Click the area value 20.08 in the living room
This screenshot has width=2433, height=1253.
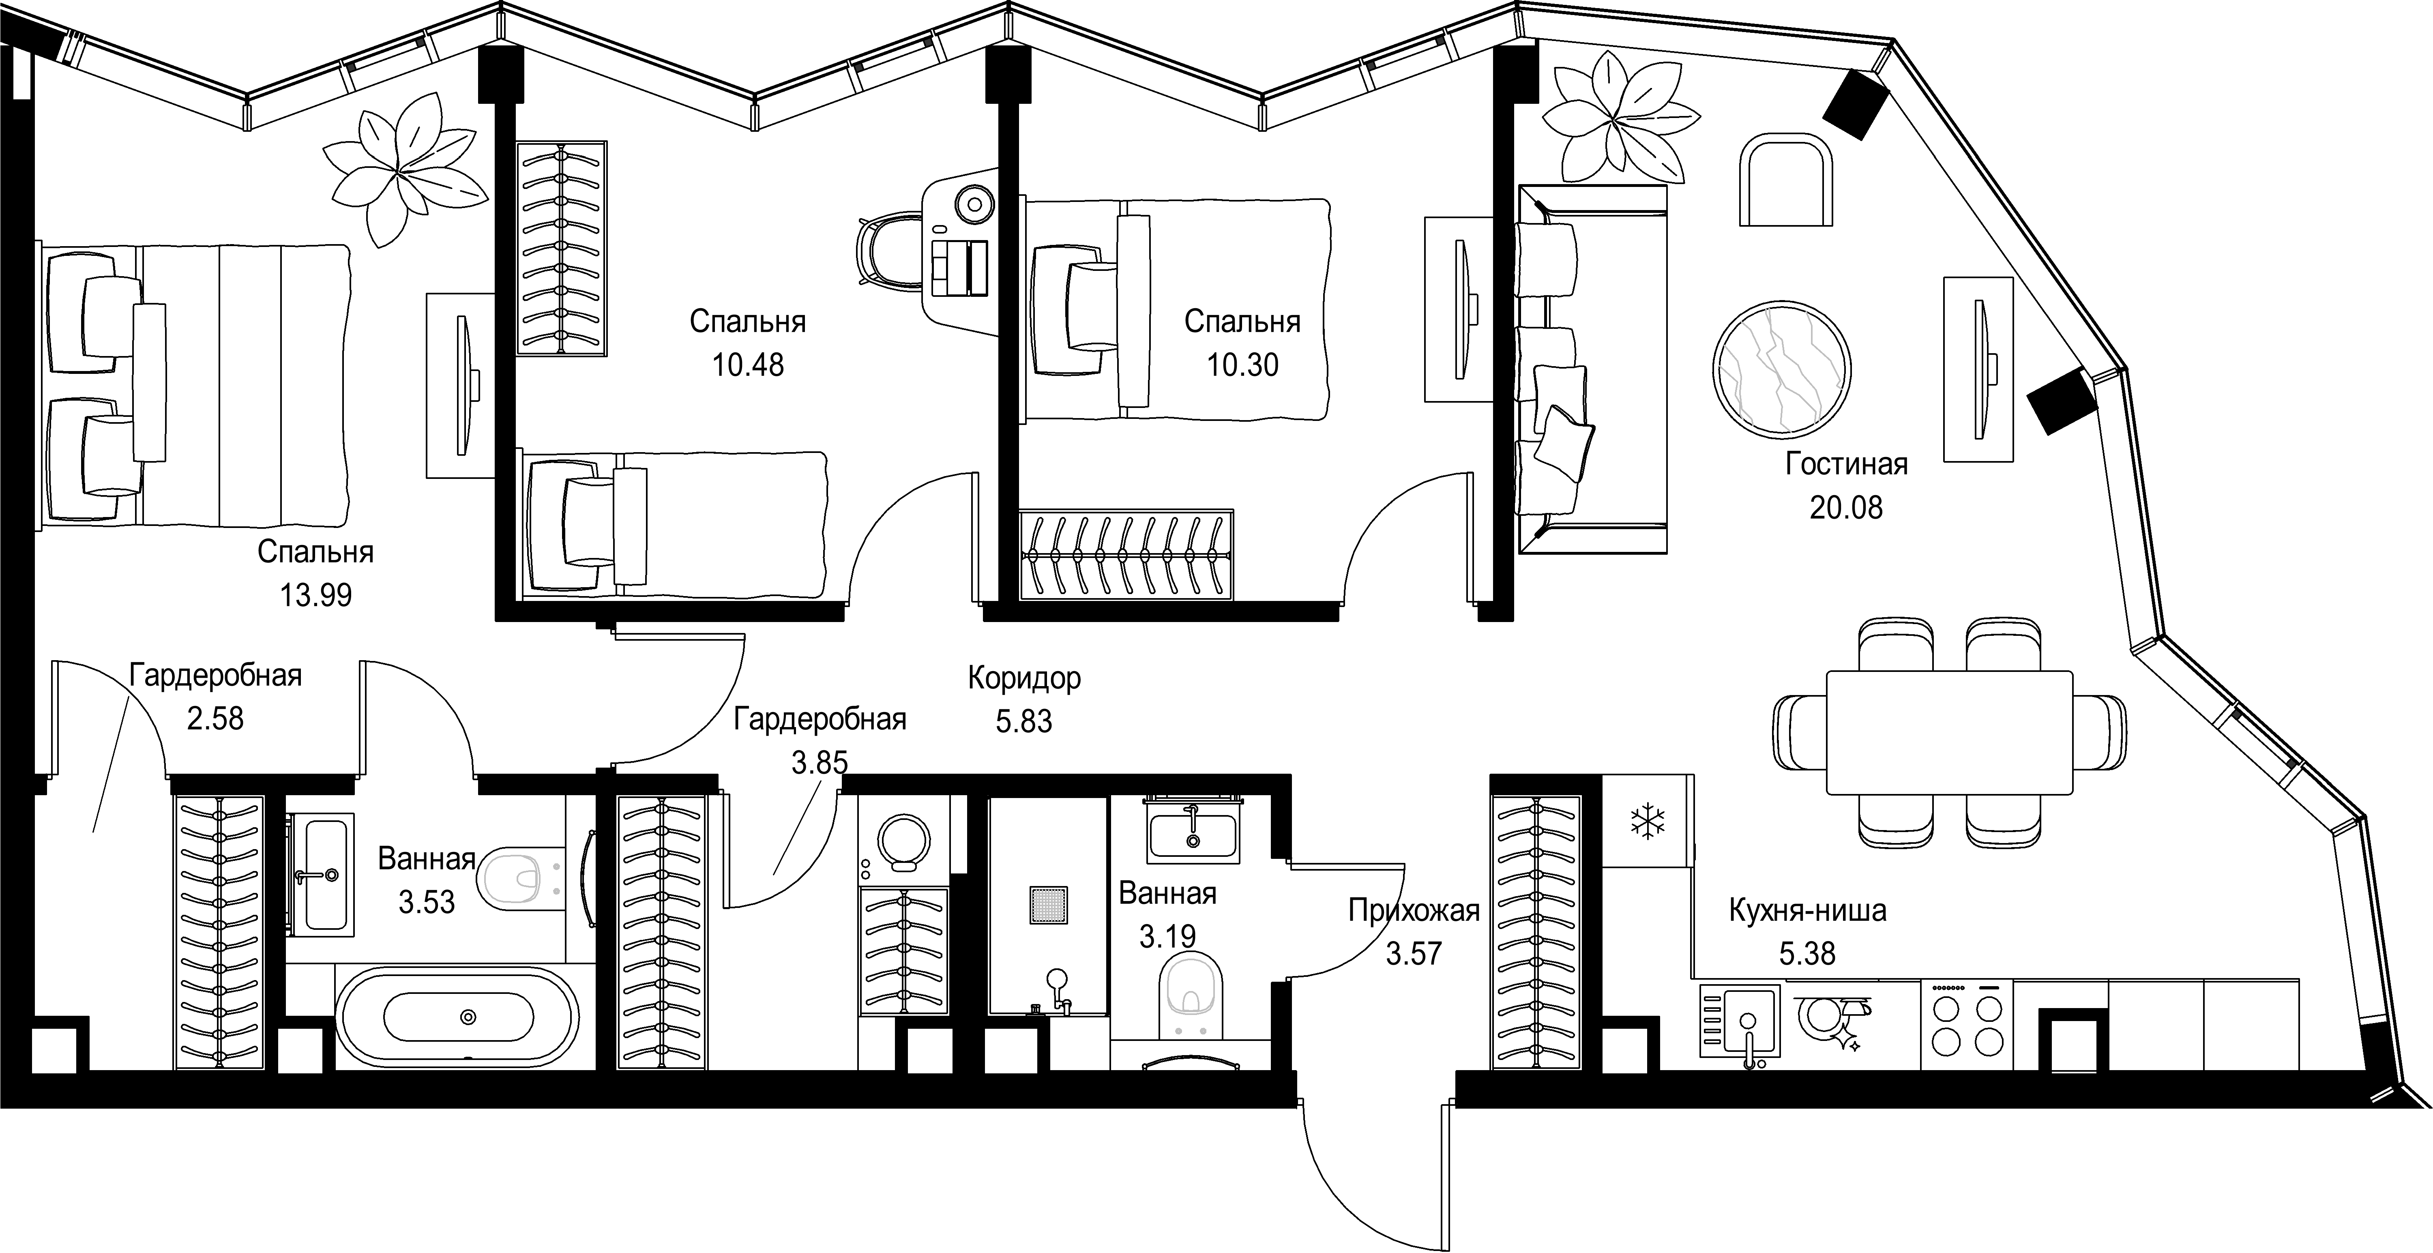(x=1845, y=508)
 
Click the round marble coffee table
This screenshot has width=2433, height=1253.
(x=1781, y=369)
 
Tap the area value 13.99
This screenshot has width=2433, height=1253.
(x=315, y=595)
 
